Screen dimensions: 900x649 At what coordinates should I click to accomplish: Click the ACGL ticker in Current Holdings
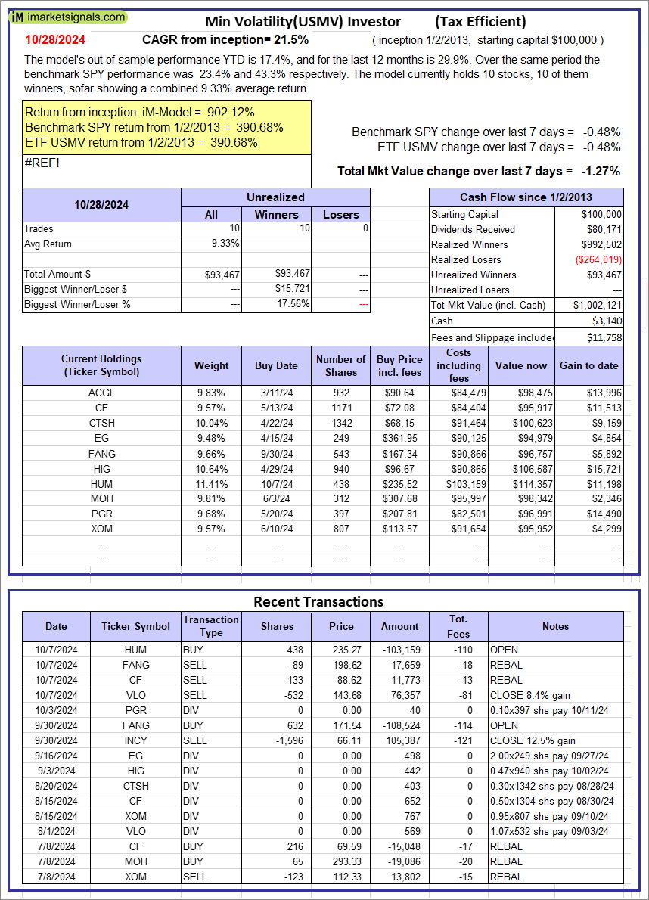pos(101,393)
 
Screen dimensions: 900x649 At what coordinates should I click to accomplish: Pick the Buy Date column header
pos(276,365)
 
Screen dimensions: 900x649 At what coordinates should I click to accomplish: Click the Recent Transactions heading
pos(318,602)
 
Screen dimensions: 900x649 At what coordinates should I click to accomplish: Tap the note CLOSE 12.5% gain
pos(533,740)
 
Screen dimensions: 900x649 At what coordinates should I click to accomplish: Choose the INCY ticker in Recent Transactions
pos(136,740)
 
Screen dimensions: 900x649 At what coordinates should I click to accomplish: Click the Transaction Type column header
pos(211,626)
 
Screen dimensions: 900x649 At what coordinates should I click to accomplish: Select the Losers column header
pos(341,215)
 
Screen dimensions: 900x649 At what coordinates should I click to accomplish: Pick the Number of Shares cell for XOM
pos(341,529)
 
